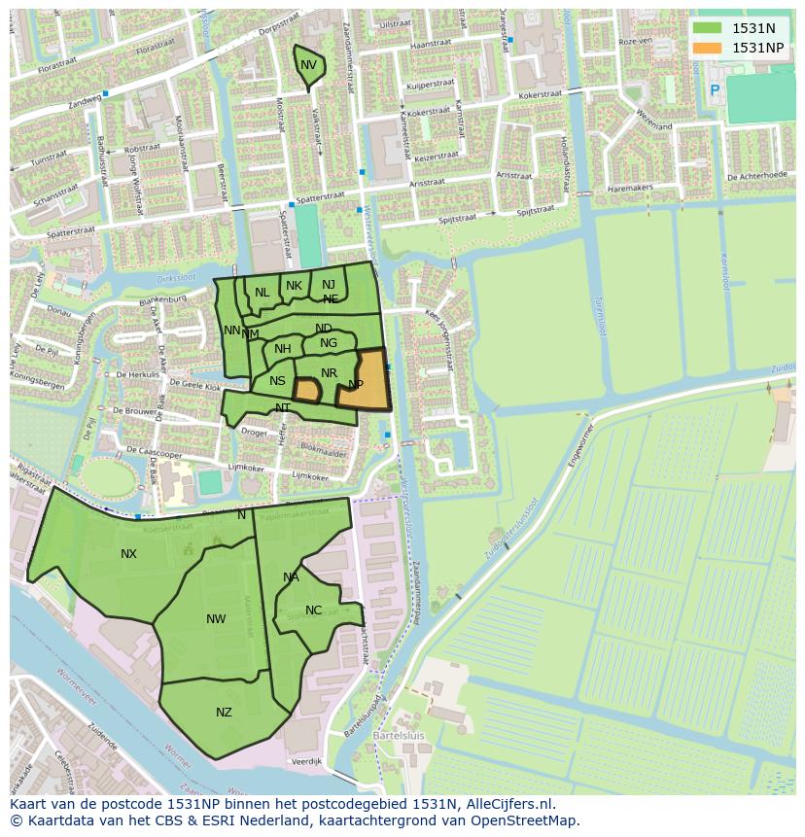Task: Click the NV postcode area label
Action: point(308,65)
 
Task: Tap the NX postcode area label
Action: point(128,554)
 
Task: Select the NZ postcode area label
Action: point(224,713)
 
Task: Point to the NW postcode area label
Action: point(216,619)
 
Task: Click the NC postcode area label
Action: point(313,610)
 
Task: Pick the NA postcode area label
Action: point(291,577)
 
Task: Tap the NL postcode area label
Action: point(262,293)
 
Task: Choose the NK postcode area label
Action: point(294,286)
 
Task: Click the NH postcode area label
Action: point(283,349)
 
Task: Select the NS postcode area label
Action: point(278,381)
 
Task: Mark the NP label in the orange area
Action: point(356,385)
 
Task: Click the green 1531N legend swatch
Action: point(708,28)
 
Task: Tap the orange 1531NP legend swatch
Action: point(708,48)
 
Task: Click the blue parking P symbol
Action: point(715,90)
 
